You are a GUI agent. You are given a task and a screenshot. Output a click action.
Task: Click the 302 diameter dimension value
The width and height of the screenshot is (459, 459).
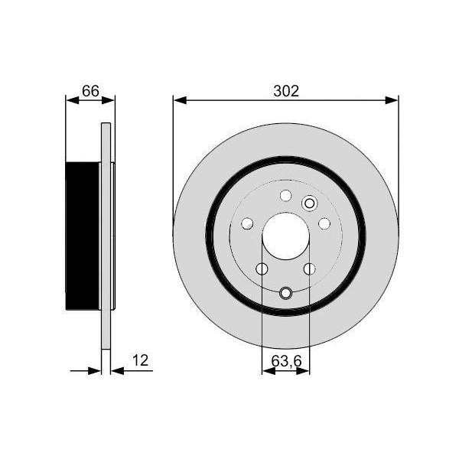[x=285, y=90]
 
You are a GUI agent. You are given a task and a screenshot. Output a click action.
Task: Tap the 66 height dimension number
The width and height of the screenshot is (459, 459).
[x=90, y=90]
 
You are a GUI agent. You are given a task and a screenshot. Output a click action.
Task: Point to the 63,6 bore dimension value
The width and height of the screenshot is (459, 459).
[x=286, y=359]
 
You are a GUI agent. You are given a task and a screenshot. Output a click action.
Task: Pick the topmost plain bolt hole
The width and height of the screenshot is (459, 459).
[x=286, y=196]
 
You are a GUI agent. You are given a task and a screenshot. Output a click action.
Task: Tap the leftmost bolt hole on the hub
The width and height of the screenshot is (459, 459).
[x=247, y=223]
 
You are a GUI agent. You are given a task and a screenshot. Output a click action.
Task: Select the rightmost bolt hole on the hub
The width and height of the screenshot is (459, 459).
[x=324, y=223]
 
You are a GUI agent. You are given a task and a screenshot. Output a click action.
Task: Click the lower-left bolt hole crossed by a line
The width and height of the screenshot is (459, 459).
[x=262, y=269]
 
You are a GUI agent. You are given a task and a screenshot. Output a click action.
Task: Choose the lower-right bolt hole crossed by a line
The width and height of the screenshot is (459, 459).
[x=310, y=269]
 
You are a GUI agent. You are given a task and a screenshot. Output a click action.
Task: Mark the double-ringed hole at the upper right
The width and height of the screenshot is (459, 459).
[x=310, y=203]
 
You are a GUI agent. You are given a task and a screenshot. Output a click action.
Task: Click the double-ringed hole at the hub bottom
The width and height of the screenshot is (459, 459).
[x=286, y=293]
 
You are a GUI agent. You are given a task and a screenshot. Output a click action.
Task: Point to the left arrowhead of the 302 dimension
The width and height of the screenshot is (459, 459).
[x=178, y=99]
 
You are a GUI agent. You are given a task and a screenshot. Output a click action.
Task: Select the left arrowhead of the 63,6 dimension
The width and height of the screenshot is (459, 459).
[x=267, y=371]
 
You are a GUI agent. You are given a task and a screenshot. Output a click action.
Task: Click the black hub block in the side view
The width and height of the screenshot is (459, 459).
[x=83, y=237]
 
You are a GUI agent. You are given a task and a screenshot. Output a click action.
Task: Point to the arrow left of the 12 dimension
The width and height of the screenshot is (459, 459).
[x=95, y=371]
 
